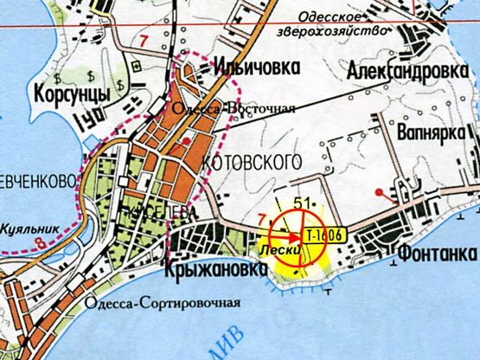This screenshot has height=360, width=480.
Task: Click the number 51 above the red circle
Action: tap(303, 203)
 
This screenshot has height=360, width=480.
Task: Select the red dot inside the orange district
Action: tap(186, 139)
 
